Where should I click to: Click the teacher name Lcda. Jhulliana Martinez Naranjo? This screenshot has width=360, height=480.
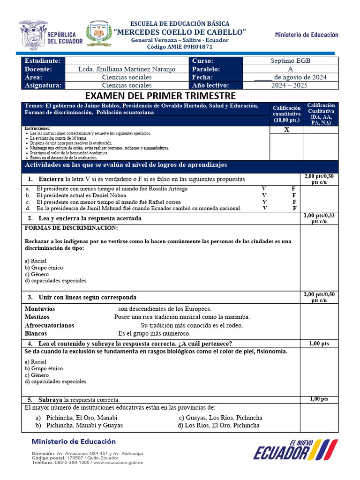[x=127, y=69]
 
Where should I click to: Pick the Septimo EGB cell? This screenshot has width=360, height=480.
[x=290, y=61]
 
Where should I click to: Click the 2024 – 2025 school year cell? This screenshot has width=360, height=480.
[x=290, y=85]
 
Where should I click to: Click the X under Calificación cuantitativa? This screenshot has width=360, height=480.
[x=287, y=130]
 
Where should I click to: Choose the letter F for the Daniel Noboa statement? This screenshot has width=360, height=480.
[x=294, y=195]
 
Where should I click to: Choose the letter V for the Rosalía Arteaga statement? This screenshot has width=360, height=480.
[x=264, y=189]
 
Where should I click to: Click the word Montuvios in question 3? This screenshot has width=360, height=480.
[x=40, y=309]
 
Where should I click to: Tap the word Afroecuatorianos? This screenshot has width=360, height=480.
[x=49, y=325]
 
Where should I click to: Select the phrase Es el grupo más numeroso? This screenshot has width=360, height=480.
[x=154, y=333]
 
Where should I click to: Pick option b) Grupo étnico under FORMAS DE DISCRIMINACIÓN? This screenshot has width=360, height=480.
[x=44, y=268]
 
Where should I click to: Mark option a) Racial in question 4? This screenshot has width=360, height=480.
[x=36, y=362]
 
